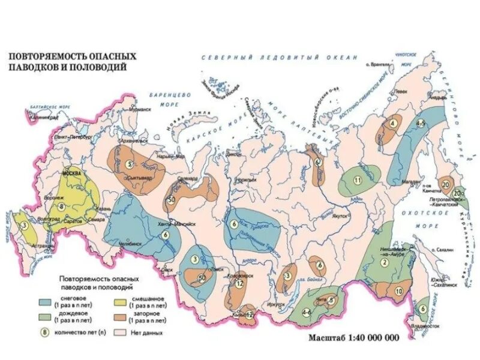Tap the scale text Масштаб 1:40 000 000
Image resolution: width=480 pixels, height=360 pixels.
[x=353, y=337]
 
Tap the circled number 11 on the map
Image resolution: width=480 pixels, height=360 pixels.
[x=358, y=180]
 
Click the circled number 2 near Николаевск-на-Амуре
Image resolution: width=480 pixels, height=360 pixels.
[x=382, y=262]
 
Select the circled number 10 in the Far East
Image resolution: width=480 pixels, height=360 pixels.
[x=398, y=291]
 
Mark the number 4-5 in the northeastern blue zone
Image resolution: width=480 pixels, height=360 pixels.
[x=421, y=123]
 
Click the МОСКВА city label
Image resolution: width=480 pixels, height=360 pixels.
[x=72, y=173]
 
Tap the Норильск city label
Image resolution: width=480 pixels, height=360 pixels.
[x=242, y=179]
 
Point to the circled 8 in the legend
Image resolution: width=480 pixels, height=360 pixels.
[x=43, y=331]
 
